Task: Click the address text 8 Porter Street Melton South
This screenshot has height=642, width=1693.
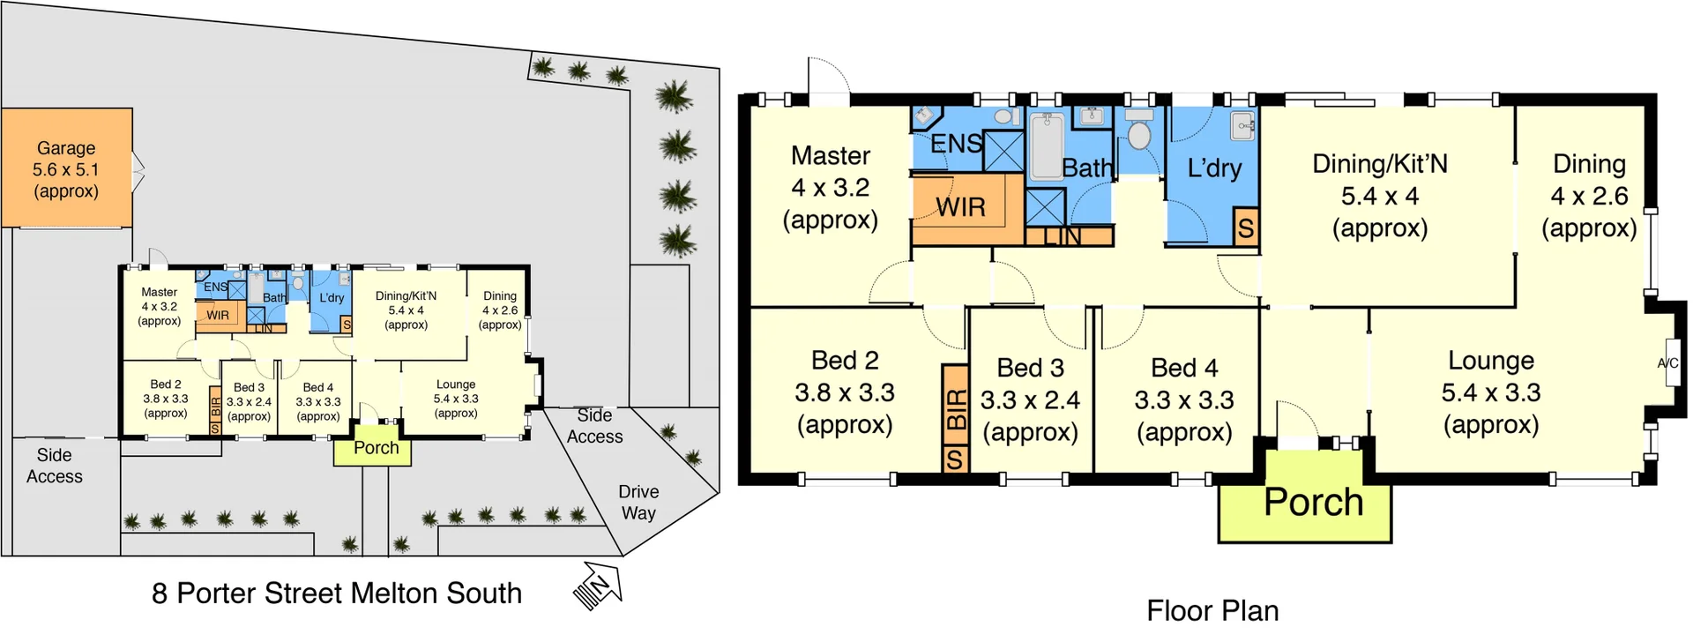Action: coord(336,593)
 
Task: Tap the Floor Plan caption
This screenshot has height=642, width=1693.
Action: coord(1212,611)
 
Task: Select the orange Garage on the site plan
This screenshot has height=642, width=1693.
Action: coord(66,168)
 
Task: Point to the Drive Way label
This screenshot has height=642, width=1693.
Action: coord(638,502)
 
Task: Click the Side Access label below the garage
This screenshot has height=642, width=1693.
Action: coord(55,466)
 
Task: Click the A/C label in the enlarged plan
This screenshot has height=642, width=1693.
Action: coord(1667,362)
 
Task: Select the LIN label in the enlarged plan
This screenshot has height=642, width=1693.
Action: coord(1062,236)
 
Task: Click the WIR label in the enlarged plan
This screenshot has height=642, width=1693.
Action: coord(960,207)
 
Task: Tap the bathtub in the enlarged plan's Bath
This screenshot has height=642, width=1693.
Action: coord(1047,146)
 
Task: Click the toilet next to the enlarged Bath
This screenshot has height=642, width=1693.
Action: coord(1139,132)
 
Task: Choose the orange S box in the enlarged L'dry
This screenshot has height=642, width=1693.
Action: coord(1245,228)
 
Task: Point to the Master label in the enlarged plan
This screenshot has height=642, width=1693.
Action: coord(830,156)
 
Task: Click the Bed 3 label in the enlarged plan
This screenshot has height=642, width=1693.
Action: coord(1030,368)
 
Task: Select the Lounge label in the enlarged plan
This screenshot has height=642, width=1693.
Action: coord(1490,361)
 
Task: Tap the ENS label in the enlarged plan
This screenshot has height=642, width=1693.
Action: coord(956,143)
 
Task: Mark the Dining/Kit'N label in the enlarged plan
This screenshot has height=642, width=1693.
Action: coord(1379,164)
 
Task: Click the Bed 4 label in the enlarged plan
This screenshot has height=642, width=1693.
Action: coord(1183,368)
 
